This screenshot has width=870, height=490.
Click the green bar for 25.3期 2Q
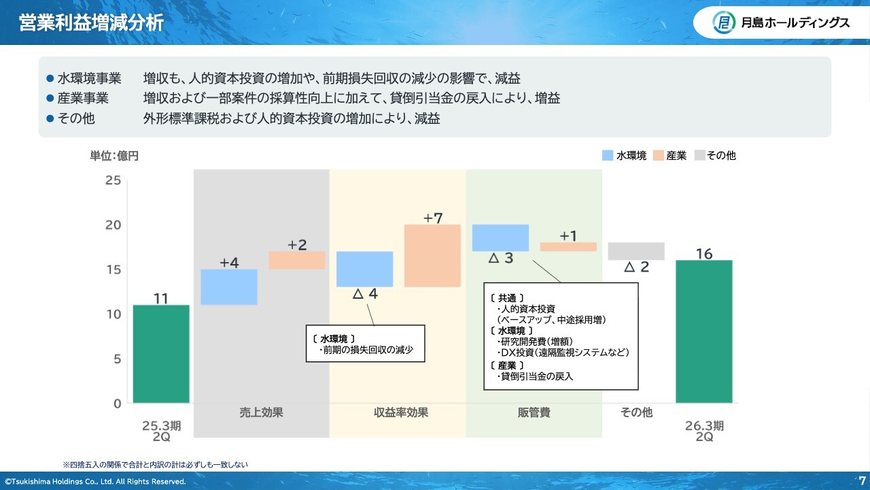(161, 354)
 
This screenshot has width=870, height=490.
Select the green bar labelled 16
(704, 331)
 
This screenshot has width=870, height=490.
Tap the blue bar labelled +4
(229, 287)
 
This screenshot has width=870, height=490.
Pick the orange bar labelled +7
(433, 256)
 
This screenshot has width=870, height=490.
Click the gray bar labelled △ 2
(636, 251)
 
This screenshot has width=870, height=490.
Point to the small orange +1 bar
(568, 246)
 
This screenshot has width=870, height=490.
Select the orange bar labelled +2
(297, 260)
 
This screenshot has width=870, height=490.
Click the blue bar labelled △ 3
(501, 238)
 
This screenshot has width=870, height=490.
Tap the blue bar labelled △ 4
(365, 269)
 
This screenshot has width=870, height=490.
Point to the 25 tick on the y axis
(113, 180)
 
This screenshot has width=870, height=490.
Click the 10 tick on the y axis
(114, 314)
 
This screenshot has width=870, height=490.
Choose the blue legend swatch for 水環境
(608, 155)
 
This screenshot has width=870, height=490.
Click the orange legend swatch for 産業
(659, 155)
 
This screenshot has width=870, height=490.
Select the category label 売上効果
(262, 412)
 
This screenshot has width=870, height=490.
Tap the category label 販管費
(534, 412)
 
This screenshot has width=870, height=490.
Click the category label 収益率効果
(401, 412)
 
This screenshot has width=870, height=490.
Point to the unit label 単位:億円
(114, 156)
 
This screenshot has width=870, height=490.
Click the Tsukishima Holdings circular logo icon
(724, 22)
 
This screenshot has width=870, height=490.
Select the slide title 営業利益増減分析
(91, 22)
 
